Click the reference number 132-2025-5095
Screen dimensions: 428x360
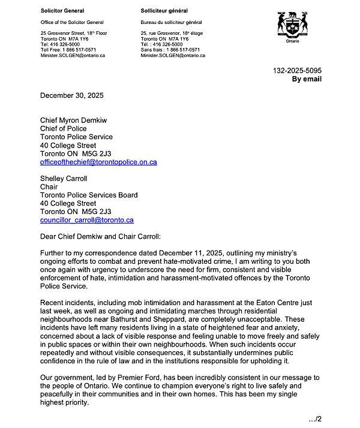point(297,71)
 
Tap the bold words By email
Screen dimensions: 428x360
point(307,79)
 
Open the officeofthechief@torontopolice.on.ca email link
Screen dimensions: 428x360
point(98,162)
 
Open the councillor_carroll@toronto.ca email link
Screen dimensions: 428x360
point(86,220)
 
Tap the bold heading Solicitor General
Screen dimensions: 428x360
point(62,11)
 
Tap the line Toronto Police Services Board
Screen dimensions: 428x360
point(89,195)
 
